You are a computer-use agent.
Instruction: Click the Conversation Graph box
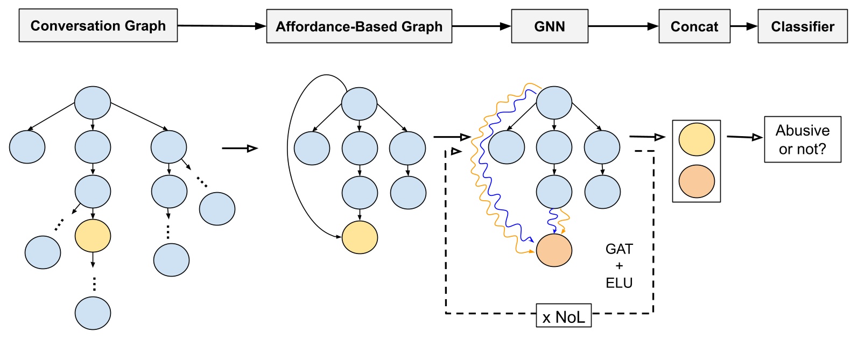click(98, 25)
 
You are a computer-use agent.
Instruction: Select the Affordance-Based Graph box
click(359, 26)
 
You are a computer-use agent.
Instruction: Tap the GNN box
click(549, 26)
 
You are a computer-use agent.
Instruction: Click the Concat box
click(694, 26)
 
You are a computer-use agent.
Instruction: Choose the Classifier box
click(802, 26)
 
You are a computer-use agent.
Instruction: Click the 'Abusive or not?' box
click(802, 139)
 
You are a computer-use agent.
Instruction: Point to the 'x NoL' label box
click(564, 316)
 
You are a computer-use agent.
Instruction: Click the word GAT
click(619, 249)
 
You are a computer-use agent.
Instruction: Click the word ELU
click(619, 283)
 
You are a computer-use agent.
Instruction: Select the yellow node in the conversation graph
click(93, 236)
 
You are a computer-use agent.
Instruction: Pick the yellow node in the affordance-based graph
click(360, 237)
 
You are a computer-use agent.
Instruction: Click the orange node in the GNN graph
click(554, 250)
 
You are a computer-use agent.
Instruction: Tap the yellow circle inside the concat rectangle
click(697, 139)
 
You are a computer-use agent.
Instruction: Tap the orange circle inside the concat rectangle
click(697, 181)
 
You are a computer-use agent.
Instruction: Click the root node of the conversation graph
click(93, 103)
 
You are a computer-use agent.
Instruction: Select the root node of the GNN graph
click(554, 103)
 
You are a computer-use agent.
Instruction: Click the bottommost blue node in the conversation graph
click(93, 313)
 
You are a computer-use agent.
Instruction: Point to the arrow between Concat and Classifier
click(744, 26)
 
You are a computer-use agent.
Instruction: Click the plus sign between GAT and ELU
click(619, 266)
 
